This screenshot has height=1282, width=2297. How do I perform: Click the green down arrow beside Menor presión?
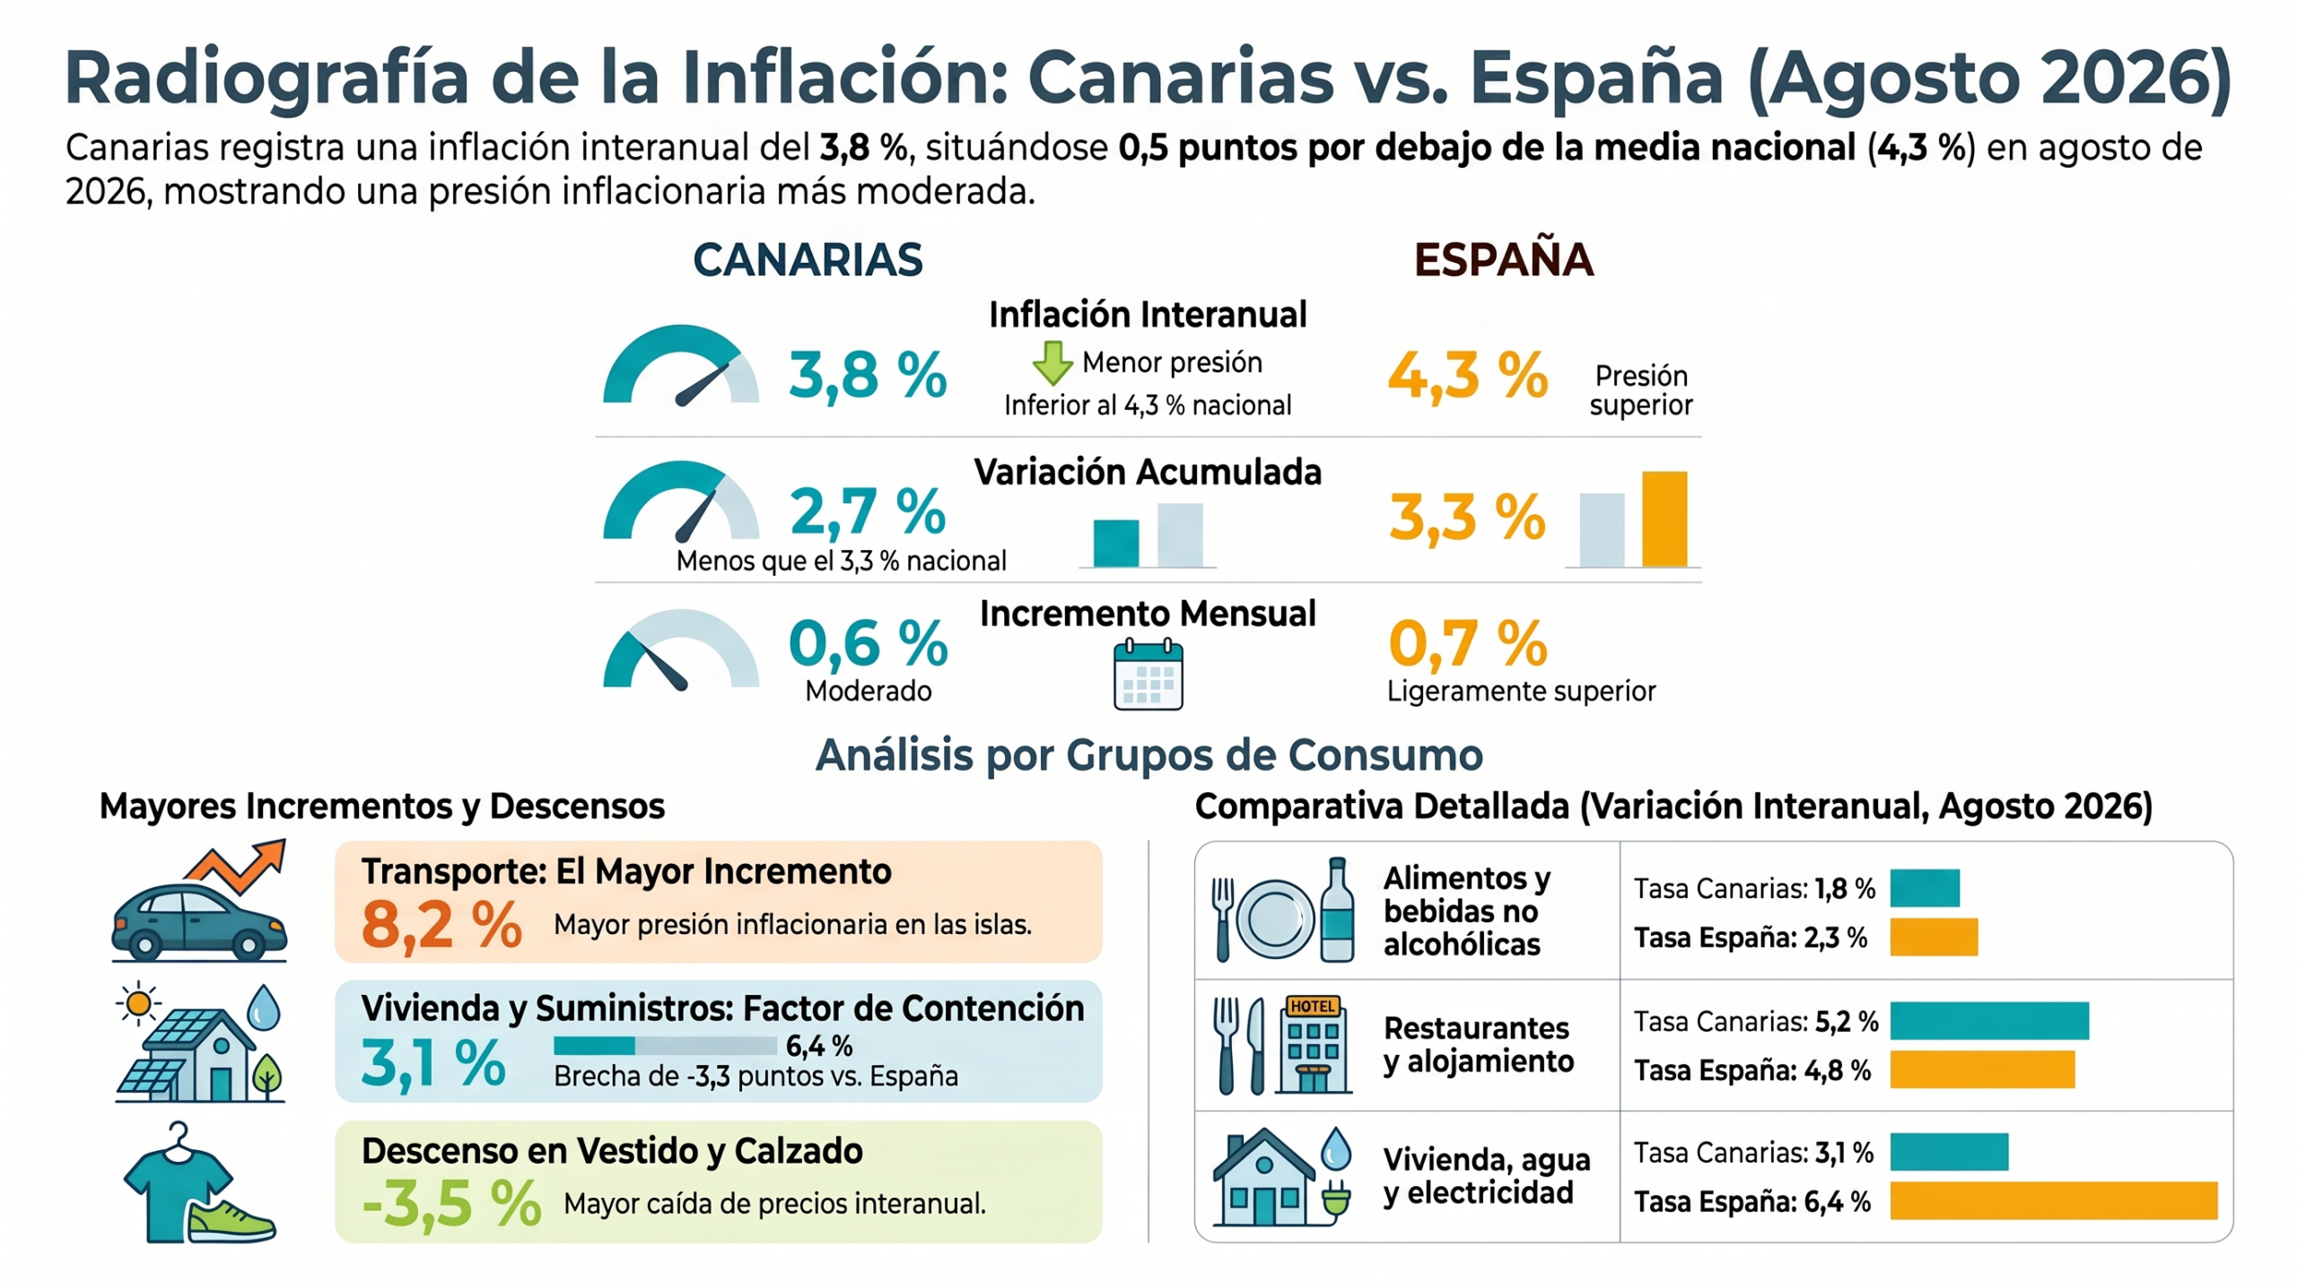coord(1052,362)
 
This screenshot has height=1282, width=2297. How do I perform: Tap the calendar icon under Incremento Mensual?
coord(1148,674)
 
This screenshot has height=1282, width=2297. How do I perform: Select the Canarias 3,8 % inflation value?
coord(868,375)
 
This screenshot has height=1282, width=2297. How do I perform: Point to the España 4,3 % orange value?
coord(1468,375)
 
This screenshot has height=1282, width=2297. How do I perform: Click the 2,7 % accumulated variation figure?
coord(868,511)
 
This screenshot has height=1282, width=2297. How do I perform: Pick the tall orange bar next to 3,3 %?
coord(1664,519)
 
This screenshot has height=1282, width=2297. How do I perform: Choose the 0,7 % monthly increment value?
coord(1468,643)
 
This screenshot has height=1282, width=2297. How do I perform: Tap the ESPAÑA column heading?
coord(1504,259)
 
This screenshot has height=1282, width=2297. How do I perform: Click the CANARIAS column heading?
coord(808,260)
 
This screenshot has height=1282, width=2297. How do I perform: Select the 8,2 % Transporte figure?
coord(441,925)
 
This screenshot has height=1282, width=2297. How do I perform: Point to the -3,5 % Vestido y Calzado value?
coord(451,1203)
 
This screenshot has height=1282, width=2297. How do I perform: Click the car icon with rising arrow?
coord(199,901)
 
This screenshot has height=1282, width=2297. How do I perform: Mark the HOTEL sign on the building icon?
coord(1313,1006)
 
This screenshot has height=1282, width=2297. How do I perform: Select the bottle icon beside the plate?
coord(1337,909)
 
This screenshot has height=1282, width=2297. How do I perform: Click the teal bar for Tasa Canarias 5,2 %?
coord(1989,1021)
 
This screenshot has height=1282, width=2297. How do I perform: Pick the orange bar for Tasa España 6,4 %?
coord(2054,1201)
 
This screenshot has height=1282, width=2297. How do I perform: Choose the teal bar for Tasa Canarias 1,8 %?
coord(1925,888)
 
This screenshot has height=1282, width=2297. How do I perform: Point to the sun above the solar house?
coord(138,1003)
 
